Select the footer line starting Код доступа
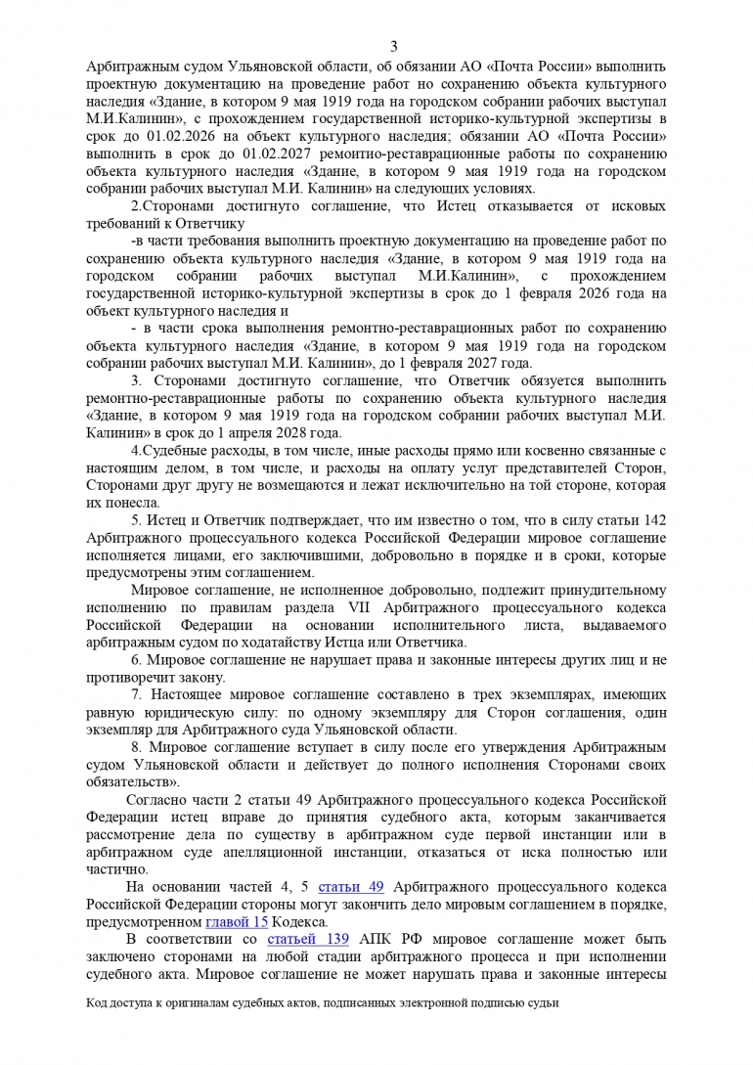click(322, 1002)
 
